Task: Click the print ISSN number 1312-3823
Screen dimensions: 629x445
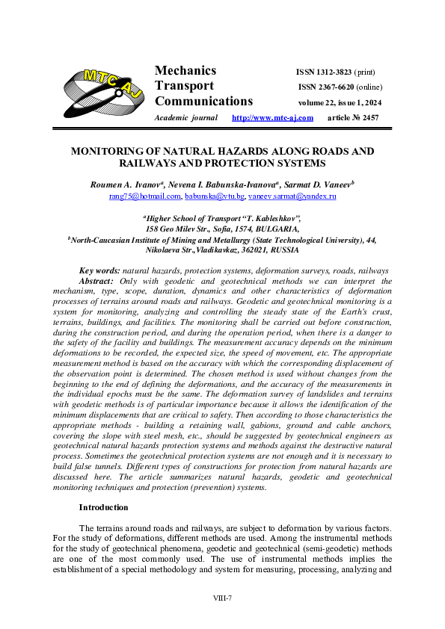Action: pos(334,72)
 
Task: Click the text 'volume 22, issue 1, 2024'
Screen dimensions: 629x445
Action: pos(340,102)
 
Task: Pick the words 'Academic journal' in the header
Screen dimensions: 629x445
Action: pos(185,118)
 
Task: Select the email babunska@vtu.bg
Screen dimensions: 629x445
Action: pos(215,196)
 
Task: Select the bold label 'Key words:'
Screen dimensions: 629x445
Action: pos(99,270)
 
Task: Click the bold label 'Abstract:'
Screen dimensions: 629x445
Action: pos(96,281)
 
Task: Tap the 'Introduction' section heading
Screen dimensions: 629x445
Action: pos(103,507)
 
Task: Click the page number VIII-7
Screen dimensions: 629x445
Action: pos(222,598)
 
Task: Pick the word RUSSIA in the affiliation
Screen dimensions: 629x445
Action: pos(283,250)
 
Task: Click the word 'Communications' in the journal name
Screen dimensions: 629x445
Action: pos(203,102)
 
